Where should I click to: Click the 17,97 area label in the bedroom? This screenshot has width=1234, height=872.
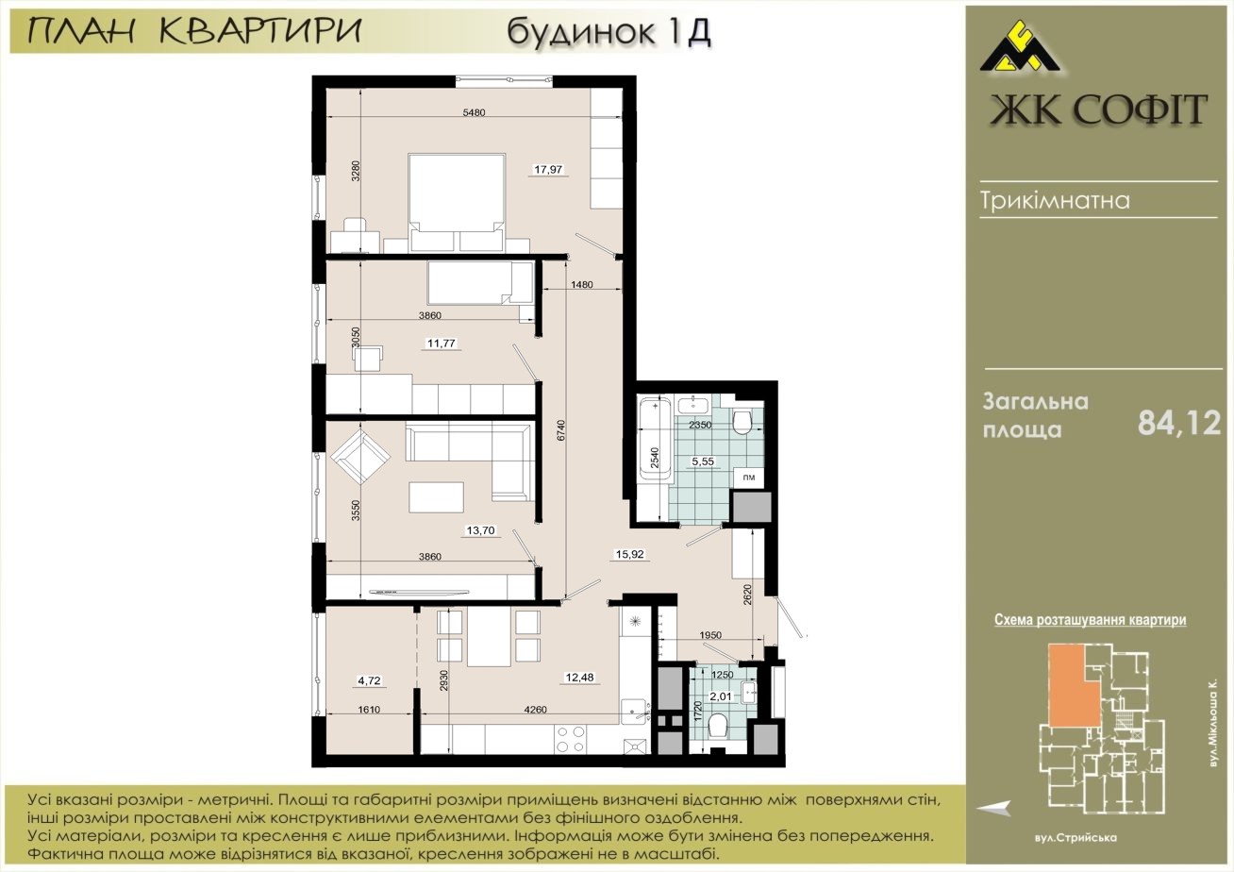click(x=548, y=170)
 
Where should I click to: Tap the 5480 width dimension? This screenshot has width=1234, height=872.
click(x=474, y=112)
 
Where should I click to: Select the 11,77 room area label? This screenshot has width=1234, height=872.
click(x=442, y=344)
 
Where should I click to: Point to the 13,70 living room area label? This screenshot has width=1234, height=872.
click(x=480, y=530)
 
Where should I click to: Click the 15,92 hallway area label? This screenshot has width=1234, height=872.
click(x=629, y=555)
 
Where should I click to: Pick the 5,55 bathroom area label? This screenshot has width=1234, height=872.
click(x=703, y=461)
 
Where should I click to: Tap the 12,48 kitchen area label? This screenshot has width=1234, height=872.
click(x=579, y=678)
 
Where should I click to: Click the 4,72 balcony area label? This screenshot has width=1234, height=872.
click(x=369, y=680)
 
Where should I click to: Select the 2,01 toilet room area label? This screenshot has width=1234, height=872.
click(x=721, y=696)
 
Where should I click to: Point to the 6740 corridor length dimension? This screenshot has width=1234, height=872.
click(x=561, y=431)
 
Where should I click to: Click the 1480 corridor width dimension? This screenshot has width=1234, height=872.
click(x=582, y=284)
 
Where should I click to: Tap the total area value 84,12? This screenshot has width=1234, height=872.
click(x=1179, y=424)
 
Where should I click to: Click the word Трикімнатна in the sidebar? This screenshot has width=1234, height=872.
click(x=1056, y=200)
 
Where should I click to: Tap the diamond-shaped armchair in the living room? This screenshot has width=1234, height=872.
click(x=360, y=457)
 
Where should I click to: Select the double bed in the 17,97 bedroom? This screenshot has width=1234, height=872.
click(x=457, y=202)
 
